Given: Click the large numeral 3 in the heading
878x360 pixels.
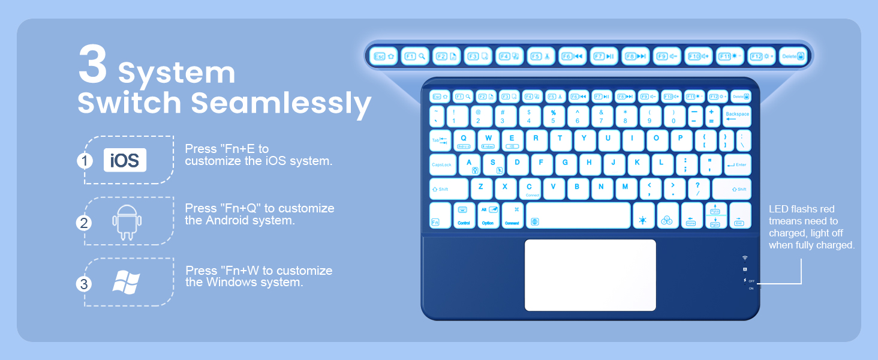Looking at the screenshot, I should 93,67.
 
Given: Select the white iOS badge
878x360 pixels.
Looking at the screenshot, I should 125,160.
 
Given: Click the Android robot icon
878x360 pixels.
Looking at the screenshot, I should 127,222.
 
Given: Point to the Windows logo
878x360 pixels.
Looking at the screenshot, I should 127,282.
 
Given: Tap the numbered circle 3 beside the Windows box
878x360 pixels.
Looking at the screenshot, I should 84,284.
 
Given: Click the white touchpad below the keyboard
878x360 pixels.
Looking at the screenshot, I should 590,275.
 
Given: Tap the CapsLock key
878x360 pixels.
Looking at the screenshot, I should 443,164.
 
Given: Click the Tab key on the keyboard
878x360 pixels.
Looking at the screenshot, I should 440,140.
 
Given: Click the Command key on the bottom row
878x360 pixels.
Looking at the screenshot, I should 512,215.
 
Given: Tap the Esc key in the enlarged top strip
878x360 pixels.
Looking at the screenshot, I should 382,56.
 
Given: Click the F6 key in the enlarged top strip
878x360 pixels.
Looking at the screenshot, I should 572,56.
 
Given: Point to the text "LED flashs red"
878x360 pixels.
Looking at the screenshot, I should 801,209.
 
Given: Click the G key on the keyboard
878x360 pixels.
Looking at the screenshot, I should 566,163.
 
